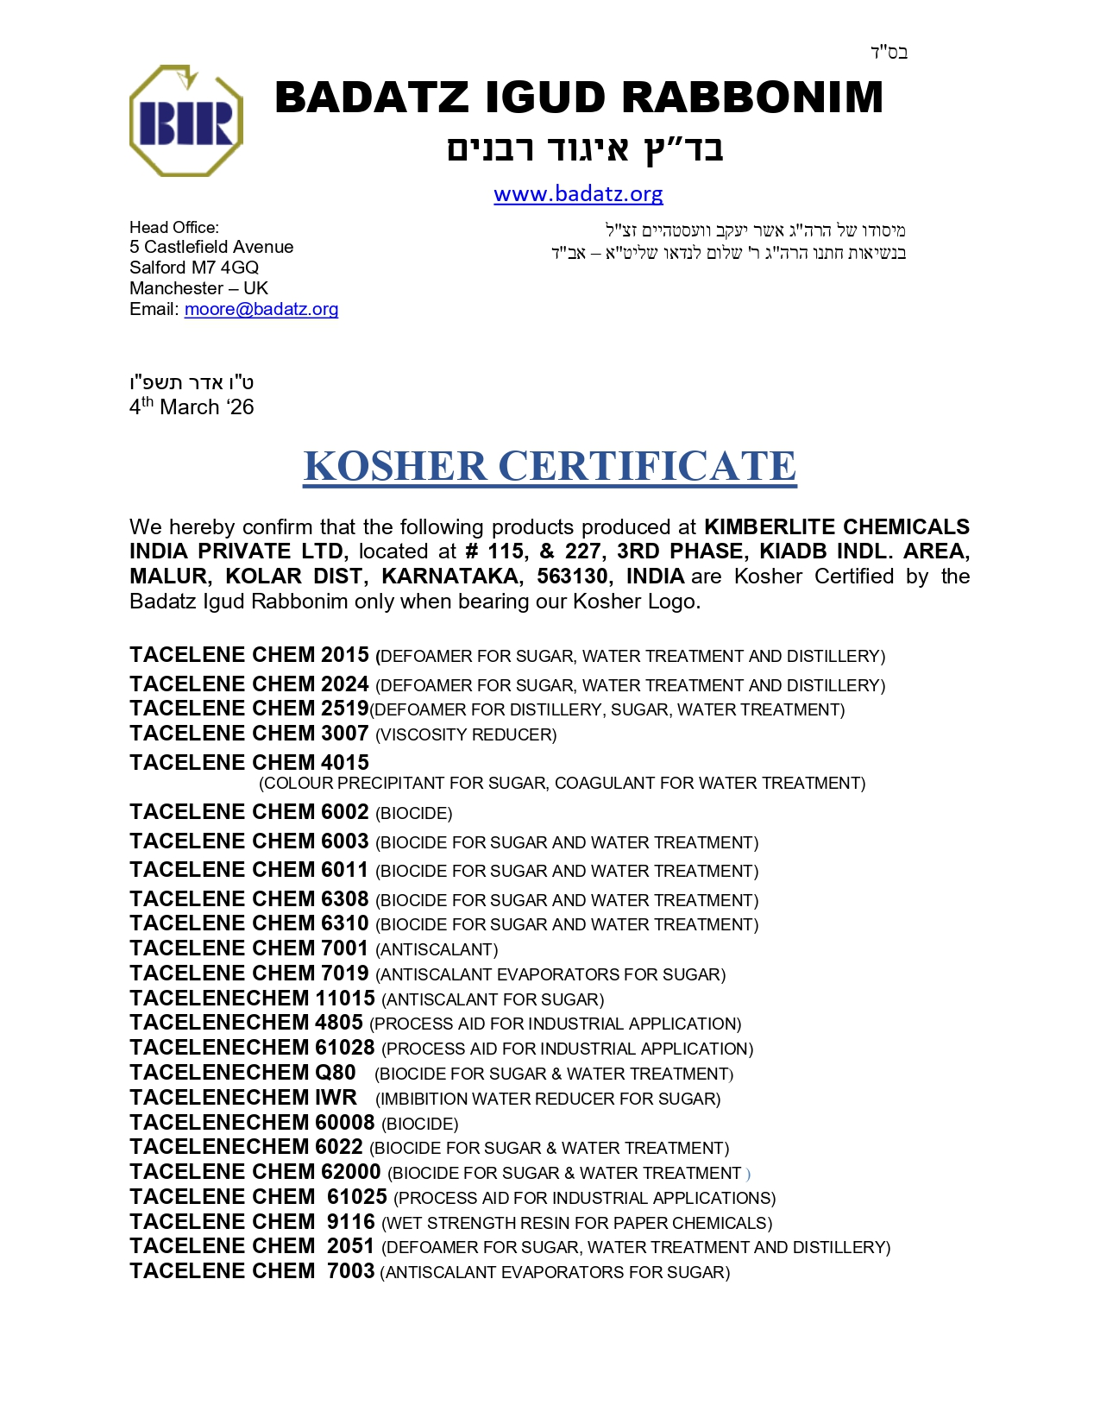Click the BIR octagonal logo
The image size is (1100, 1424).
[185, 121]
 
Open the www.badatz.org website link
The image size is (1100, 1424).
[578, 194]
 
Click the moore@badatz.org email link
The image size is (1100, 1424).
[261, 309]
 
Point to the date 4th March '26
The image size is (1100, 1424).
[192, 407]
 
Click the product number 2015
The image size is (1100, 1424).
[344, 655]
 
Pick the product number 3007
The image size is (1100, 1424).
[344, 734]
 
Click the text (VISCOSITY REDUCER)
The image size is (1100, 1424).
[466, 735]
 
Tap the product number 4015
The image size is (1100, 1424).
[344, 763]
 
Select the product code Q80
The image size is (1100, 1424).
[336, 1073]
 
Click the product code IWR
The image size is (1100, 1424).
[336, 1098]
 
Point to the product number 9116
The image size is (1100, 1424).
[351, 1222]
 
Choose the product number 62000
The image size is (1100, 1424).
[351, 1172]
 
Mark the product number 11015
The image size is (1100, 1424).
[344, 999]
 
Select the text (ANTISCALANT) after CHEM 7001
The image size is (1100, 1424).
[437, 950]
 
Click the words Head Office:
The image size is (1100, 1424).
[174, 227]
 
